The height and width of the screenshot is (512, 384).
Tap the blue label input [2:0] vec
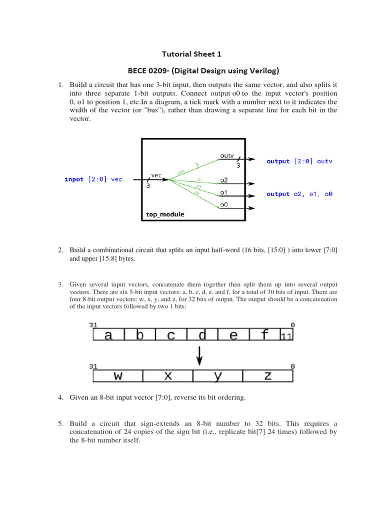tap(93, 179)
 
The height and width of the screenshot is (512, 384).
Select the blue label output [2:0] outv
tap(299, 161)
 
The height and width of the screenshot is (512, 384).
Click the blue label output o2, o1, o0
tap(299, 194)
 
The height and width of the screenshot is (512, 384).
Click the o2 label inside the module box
tap(224, 179)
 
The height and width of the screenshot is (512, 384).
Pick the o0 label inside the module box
tap(224, 204)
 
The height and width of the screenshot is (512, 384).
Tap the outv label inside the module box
tap(226, 156)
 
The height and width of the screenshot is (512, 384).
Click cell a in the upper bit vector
tap(108, 335)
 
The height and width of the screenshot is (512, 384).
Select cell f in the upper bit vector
tap(264, 335)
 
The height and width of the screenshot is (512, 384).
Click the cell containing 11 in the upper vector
tap(286, 336)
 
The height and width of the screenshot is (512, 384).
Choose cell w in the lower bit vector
tap(118, 375)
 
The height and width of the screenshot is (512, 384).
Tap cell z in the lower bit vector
tap(268, 375)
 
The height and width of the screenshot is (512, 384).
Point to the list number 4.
tap(60, 397)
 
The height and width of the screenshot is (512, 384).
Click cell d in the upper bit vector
tap(202, 335)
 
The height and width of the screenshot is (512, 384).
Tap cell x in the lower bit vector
tap(168, 375)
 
